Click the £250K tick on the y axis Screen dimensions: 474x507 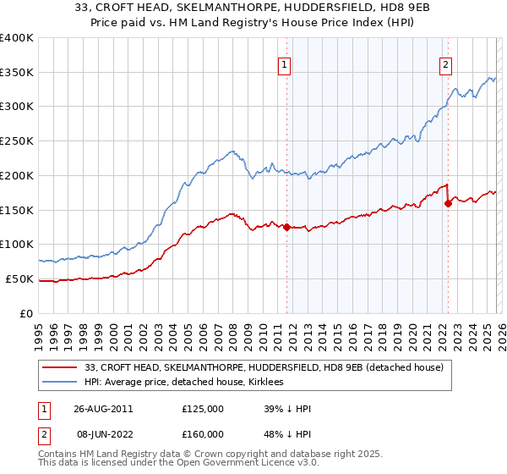(x=17, y=141)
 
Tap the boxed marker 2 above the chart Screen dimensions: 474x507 (x=444, y=63)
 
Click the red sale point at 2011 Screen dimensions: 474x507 (x=286, y=227)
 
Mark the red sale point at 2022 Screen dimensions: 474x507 (x=448, y=203)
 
